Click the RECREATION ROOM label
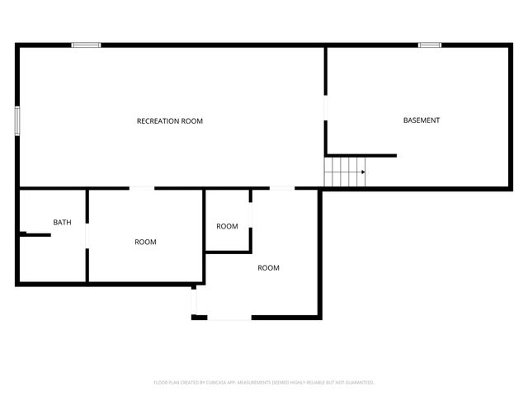tap(169, 121)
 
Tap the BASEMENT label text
tap(421, 120)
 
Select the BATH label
tap(62, 223)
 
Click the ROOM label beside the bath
tap(145, 242)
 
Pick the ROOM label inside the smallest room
tap(227, 226)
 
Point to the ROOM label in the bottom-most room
tap(268, 267)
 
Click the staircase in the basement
tap(344, 172)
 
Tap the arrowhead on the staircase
tap(362, 172)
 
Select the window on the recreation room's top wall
tap(86, 45)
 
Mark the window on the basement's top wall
tap(429, 45)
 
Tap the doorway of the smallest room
tap(250, 212)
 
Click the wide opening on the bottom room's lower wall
tap(229, 317)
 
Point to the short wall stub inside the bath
tap(36, 235)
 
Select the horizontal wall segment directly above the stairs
tap(361, 155)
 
